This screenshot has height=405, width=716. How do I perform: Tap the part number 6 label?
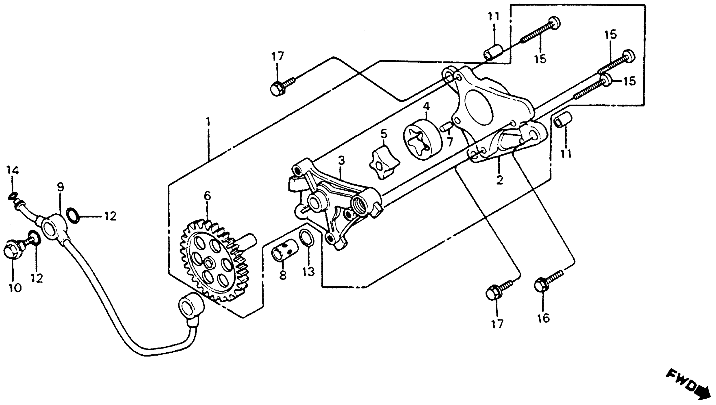pyautogui.click(x=207, y=196)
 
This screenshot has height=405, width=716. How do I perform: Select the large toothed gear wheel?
pyautogui.click(x=214, y=262)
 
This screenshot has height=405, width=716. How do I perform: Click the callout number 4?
pyautogui.click(x=426, y=106)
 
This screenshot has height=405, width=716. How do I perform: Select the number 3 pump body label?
pyautogui.click(x=341, y=161)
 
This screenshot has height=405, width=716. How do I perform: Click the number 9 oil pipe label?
pyautogui.click(x=60, y=187)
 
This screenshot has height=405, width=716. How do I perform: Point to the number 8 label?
pyautogui.click(x=283, y=275)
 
